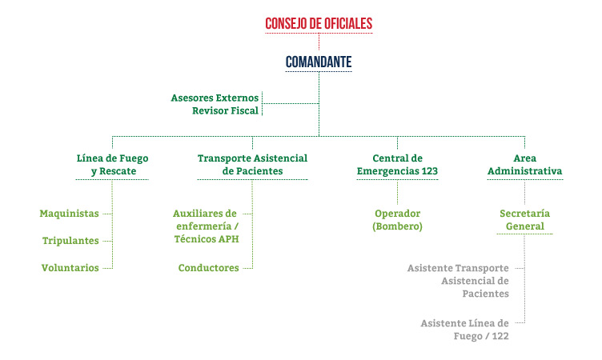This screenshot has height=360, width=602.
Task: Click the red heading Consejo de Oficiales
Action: (319, 23)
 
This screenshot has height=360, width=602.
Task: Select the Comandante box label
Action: (319, 62)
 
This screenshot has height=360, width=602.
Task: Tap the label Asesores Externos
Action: (215, 98)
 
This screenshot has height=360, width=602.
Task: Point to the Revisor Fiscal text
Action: (226, 110)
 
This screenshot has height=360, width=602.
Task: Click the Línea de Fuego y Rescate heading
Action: (112, 165)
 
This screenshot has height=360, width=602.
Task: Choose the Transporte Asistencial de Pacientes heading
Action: (253, 165)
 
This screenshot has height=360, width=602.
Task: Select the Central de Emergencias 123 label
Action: (397, 165)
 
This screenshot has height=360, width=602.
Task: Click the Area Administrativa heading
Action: (525, 165)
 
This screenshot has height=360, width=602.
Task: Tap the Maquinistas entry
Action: (69, 214)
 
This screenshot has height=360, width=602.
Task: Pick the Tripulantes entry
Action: (70, 241)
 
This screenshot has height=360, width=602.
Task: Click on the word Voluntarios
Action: (70, 268)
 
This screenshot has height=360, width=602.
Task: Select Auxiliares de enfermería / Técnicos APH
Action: (207, 226)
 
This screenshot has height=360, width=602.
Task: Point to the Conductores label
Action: (208, 268)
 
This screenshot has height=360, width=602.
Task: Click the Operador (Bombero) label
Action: (397, 220)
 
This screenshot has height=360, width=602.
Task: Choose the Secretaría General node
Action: (525, 220)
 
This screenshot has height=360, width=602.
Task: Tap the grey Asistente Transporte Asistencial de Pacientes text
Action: (458, 281)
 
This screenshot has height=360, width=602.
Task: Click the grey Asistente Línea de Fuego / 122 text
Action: (464, 330)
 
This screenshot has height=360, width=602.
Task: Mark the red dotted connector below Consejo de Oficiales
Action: (319, 42)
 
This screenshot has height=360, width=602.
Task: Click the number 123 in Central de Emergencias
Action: (430, 171)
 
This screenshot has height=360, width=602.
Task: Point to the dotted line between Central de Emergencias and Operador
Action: (397, 192)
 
